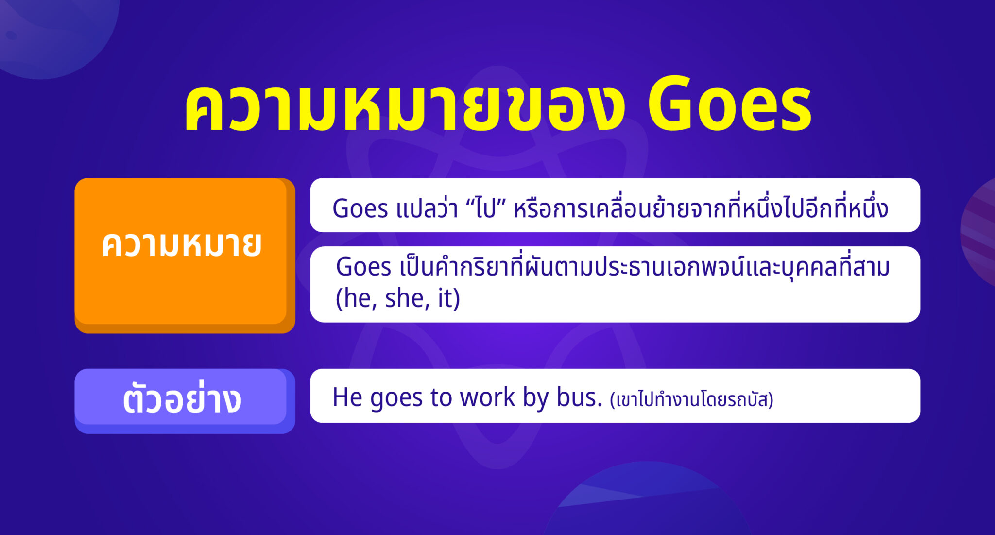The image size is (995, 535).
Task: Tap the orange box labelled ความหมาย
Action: click(182, 253)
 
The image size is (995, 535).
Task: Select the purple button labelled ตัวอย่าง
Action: click(182, 399)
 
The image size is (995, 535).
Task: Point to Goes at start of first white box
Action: click(360, 209)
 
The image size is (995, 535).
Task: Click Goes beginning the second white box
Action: click(363, 267)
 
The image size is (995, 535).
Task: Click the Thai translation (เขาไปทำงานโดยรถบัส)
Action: click(691, 400)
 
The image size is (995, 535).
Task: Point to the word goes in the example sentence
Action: click(396, 398)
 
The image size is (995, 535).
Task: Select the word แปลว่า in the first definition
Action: click(427, 209)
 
